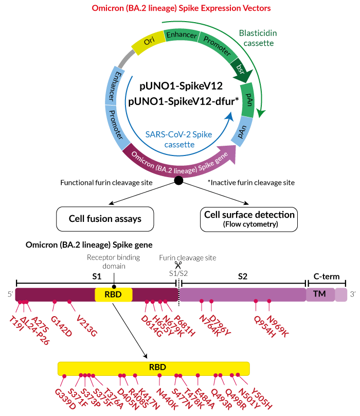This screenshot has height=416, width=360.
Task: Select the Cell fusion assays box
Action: click(x=105, y=218)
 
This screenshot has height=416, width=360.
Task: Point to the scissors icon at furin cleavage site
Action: click(x=178, y=265)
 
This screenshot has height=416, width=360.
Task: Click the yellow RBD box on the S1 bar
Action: click(x=114, y=295)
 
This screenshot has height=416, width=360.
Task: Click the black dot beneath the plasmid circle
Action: click(x=178, y=180)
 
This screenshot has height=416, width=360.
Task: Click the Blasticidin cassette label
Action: click(x=256, y=38)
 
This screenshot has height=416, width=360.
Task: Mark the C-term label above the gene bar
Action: click(x=327, y=276)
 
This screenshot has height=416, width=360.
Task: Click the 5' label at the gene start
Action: click(x=9, y=294)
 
